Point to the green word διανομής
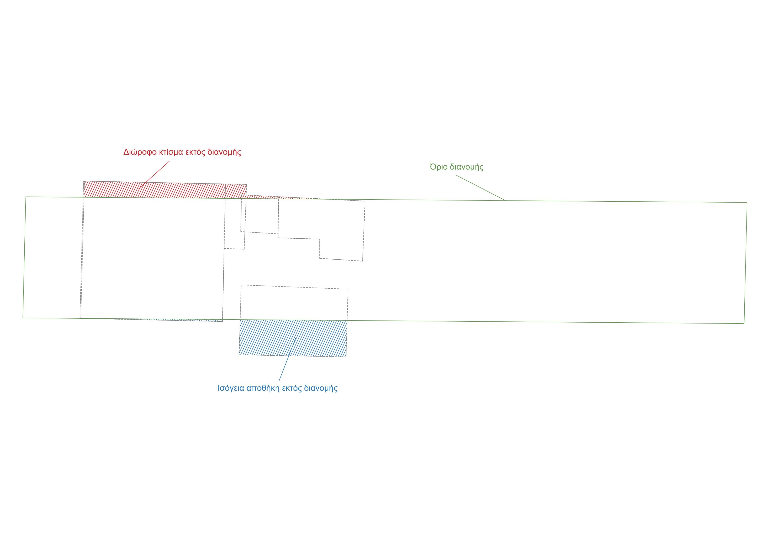467,167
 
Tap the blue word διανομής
321,388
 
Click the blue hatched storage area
293,338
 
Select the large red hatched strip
165,190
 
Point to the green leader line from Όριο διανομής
481,188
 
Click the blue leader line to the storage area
287,359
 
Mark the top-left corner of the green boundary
26,197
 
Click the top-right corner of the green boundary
747,202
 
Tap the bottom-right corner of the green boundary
744,324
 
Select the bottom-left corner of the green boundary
23,318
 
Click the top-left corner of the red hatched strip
83,181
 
